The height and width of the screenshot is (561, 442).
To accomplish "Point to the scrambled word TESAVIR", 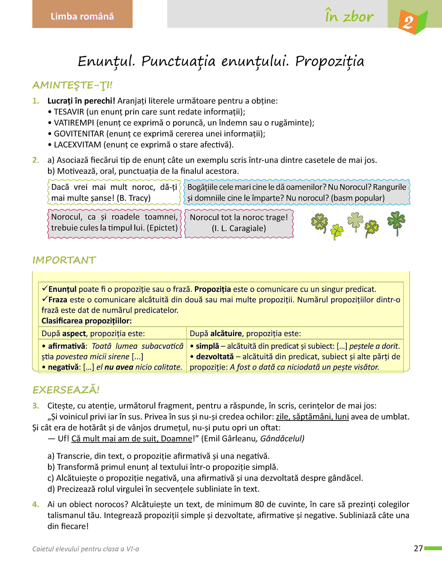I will pos(69,112).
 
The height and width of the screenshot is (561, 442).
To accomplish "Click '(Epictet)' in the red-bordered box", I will pos(162,228).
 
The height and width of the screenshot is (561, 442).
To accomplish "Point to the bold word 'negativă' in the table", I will pos(64,367).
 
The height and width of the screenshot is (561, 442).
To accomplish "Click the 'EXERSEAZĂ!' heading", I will pos(66,390).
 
